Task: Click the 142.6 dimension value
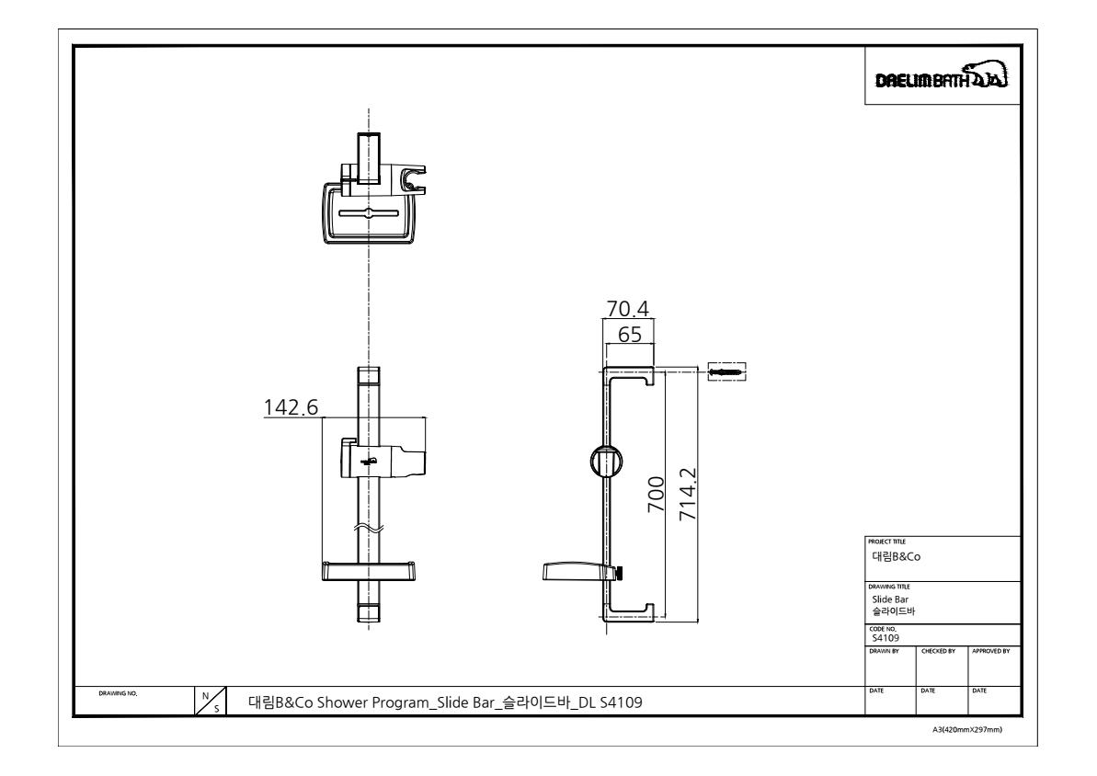click(x=291, y=406)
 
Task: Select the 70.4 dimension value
click(x=627, y=309)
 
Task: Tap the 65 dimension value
click(x=630, y=335)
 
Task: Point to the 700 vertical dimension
click(x=657, y=494)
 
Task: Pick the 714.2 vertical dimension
click(x=689, y=494)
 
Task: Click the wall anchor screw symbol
click(x=727, y=371)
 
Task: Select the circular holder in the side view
click(x=607, y=462)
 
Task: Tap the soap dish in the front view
click(x=368, y=570)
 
